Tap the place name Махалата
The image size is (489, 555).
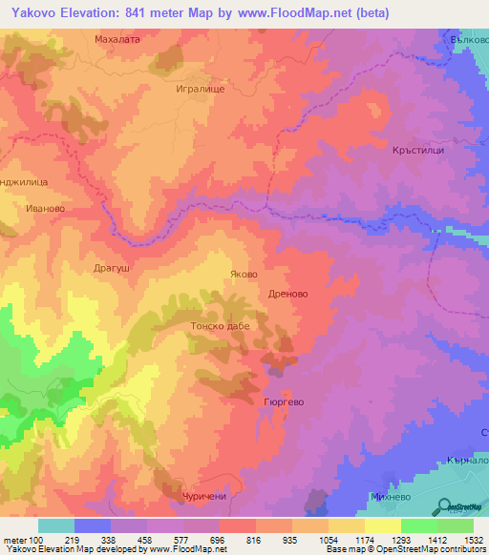(x=117, y=40)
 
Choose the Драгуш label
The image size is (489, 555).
(x=112, y=270)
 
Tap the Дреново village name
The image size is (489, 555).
(x=287, y=295)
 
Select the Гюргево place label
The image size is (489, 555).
(x=284, y=402)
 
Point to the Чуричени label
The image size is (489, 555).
(x=205, y=498)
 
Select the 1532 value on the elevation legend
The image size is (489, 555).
(x=474, y=541)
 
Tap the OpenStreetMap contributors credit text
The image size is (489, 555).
(x=421, y=550)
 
